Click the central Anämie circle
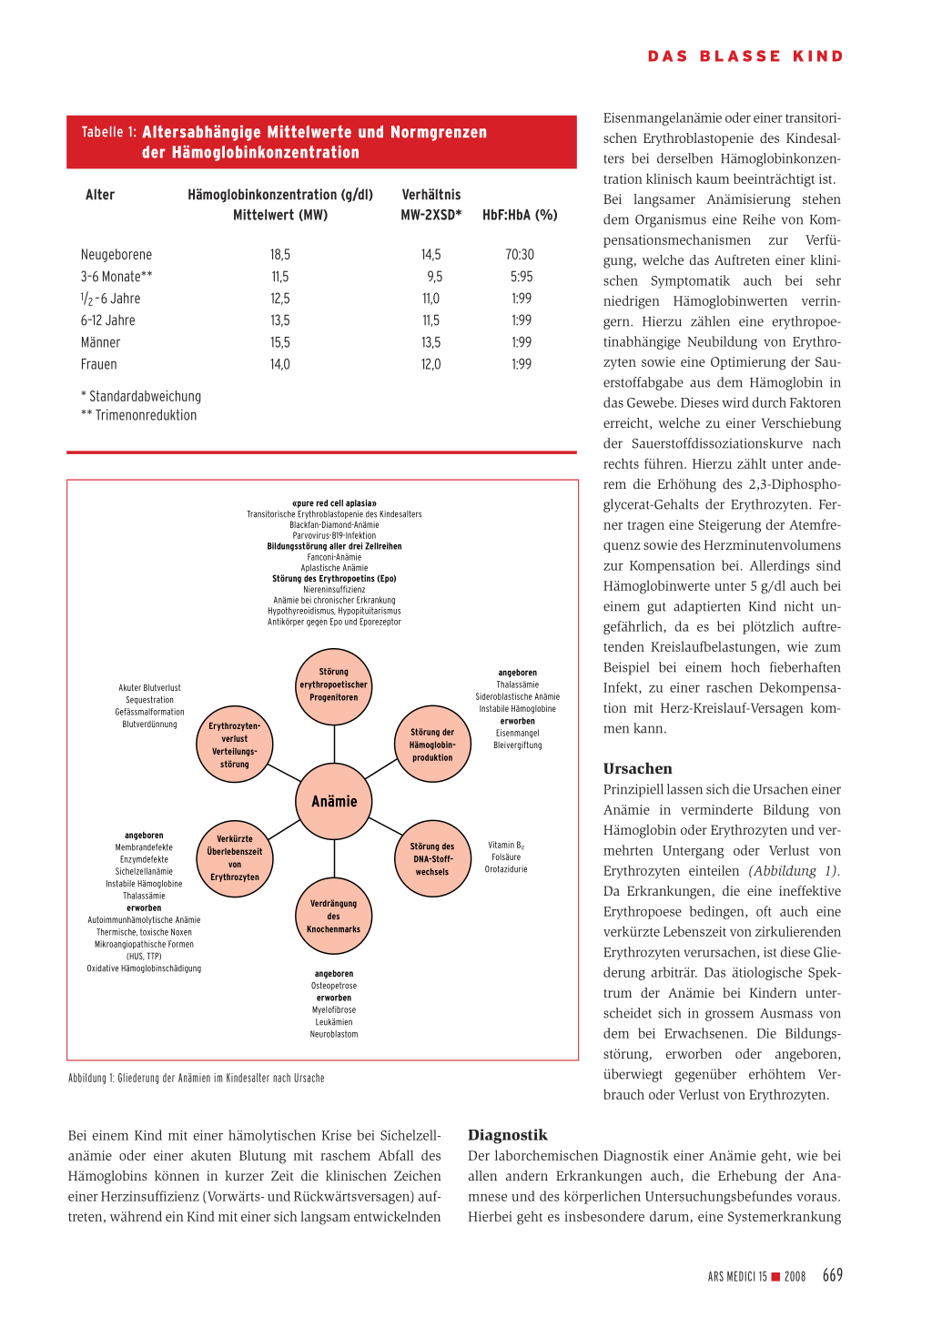pos(334,801)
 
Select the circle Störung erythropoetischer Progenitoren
pos(334,685)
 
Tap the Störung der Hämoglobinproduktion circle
pos(432,745)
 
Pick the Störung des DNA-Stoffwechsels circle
pos(432,859)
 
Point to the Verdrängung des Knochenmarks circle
pos(334,917)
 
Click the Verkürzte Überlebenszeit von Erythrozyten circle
pos(235,858)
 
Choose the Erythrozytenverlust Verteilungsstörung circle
pos(235,745)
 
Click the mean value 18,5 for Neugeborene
pos(280,255)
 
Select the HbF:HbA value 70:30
pos(520,255)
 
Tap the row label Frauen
pos(99,364)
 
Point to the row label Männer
pos(101,342)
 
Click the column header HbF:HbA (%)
pos(520,215)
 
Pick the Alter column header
pos(100,195)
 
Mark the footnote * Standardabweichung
pos(141,396)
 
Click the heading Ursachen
pos(637,768)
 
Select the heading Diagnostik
pos(508,1135)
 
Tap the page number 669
pos(832,1275)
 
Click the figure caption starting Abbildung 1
pos(197,1078)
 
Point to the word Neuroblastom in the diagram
pos(334,1034)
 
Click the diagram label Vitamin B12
pos(506,846)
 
